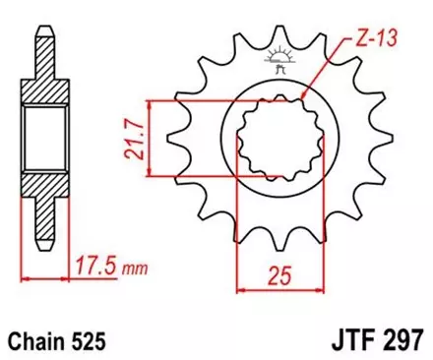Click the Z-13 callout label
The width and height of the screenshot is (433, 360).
[376, 41]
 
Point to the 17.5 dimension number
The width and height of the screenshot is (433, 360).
[93, 264]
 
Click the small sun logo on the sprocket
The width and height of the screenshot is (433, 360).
[274, 59]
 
